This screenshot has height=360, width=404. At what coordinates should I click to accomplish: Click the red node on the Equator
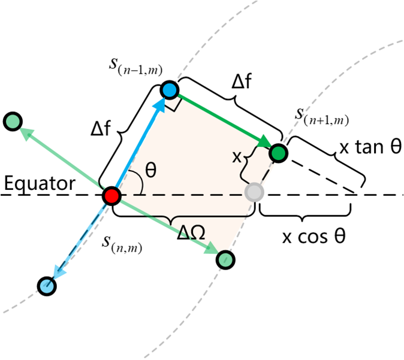pyautogui.click(x=111, y=195)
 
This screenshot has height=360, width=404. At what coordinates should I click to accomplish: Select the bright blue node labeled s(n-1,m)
pyautogui.click(x=170, y=90)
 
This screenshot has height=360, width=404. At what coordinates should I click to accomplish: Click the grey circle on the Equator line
pyautogui.click(x=255, y=192)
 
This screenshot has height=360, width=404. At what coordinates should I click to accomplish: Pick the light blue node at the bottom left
pyautogui.click(x=46, y=286)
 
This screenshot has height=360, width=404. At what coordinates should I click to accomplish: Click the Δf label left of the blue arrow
pyautogui.click(x=103, y=129)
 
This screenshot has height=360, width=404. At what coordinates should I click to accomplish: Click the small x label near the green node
pyautogui.click(x=237, y=158)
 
